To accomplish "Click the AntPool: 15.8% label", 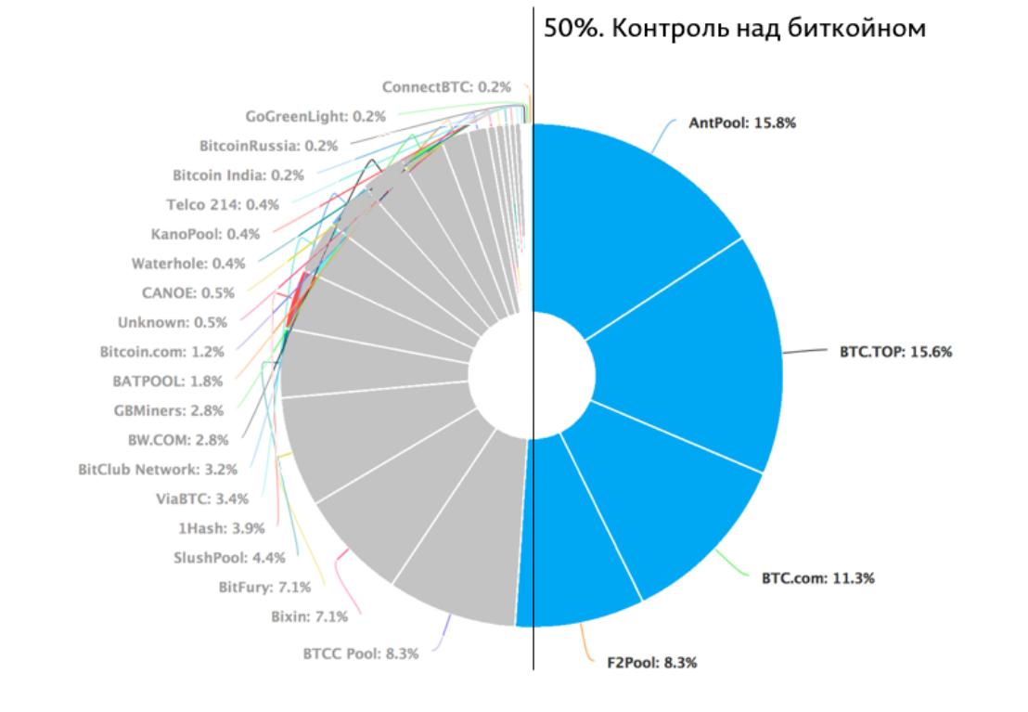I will click(742, 122).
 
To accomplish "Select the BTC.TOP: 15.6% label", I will click(896, 352).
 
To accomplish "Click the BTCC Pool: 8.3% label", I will click(360, 653).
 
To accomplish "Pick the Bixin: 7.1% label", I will click(309, 616).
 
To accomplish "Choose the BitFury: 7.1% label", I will click(264, 587).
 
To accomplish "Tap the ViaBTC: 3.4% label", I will click(202, 498).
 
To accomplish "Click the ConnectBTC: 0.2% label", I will click(446, 86).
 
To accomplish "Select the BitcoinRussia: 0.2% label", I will click(268, 146).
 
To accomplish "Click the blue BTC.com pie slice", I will click(668, 501).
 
